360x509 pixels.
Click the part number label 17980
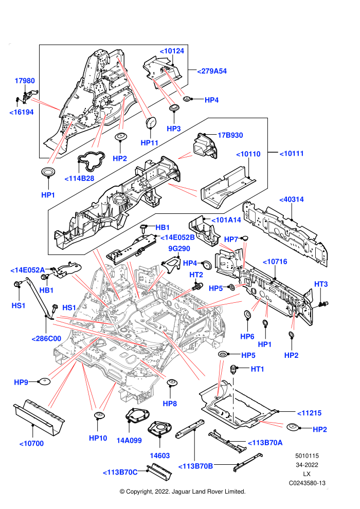pos(25,81)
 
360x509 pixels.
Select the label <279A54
pos(212,71)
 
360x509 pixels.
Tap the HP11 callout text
pos(149,143)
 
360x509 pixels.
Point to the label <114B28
pos(80,178)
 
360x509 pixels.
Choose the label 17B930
pos(230,135)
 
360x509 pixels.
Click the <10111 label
pos(292,154)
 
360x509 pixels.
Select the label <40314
pos(292,199)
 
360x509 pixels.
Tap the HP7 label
pos(231,240)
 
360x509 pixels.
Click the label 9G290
pos(179,249)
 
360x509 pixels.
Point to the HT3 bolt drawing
pos(323,304)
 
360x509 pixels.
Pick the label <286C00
pos(46,339)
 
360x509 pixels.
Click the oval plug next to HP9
pos(44,381)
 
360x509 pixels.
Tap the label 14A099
pos(129,441)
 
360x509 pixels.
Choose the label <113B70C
pos(120,472)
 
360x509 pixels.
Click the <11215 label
pos(310,413)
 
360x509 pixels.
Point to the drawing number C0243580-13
pos(307,483)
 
